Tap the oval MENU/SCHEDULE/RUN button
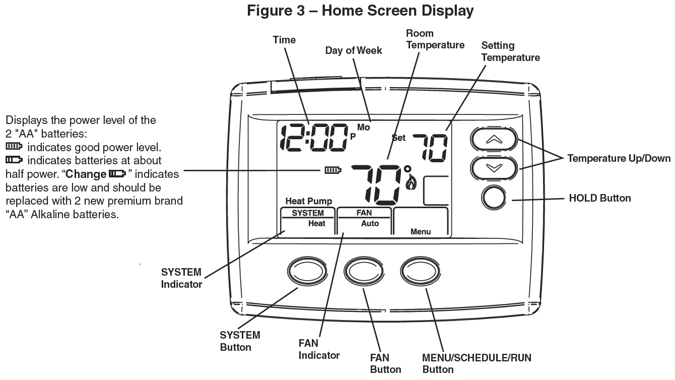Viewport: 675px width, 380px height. pos(420,272)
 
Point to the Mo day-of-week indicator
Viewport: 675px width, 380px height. pos(364,128)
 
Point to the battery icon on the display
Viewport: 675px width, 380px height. pos(333,170)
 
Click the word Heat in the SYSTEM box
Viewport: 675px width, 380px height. pos(317,223)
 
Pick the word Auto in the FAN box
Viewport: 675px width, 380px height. pos(370,223)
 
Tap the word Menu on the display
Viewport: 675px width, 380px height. pos(421,232)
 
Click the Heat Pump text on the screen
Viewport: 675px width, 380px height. pos(308,202)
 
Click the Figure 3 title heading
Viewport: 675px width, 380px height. pos(360,11)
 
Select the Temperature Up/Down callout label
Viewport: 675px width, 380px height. pos(619,158)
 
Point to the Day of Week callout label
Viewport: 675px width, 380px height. pos(353,50)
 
